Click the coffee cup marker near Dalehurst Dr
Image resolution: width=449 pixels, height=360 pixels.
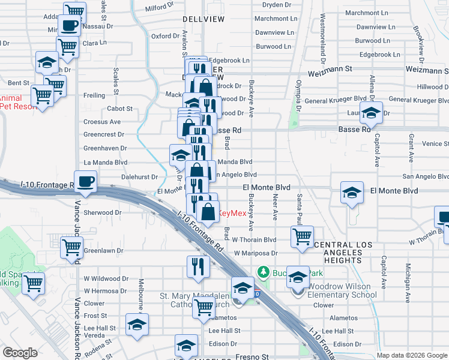[86, 181]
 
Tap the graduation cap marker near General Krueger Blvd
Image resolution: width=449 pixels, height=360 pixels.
[372, 113]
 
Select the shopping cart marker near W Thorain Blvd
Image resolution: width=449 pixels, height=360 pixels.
[301, 236]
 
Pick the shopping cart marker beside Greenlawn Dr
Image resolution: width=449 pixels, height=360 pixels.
[72, 247]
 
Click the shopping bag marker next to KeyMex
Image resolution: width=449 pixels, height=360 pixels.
[208, 212]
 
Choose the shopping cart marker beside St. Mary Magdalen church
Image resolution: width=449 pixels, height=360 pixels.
[204, 307]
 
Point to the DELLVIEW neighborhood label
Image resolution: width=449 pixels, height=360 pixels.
[203, 19]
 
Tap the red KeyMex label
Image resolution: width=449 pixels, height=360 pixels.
[231, 213]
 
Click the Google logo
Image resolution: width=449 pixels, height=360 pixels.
[20, 353]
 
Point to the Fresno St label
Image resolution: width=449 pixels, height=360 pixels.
[253, 357]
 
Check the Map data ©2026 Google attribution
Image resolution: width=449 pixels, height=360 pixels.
[411, 355]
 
